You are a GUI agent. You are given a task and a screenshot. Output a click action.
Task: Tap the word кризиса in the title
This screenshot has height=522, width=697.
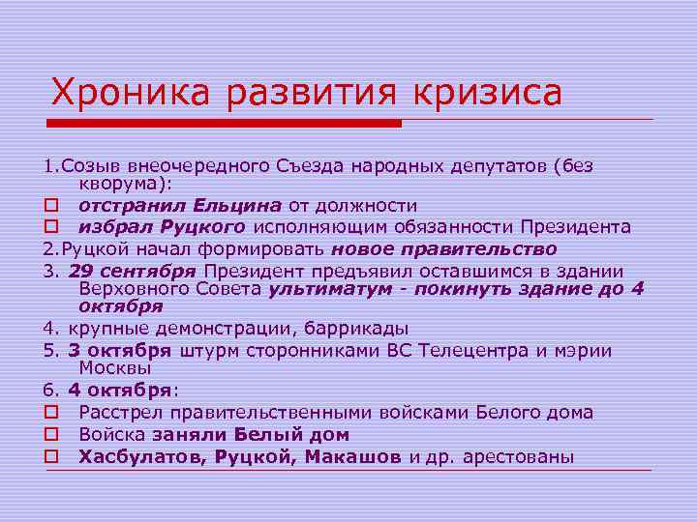coord(489,93)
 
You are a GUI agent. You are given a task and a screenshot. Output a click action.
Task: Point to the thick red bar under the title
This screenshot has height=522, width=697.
coord(224,124)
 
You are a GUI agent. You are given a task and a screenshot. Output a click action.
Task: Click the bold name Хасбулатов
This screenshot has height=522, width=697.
coord(139,456)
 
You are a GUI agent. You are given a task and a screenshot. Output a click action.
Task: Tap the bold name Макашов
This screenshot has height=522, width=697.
coord(354,456)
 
